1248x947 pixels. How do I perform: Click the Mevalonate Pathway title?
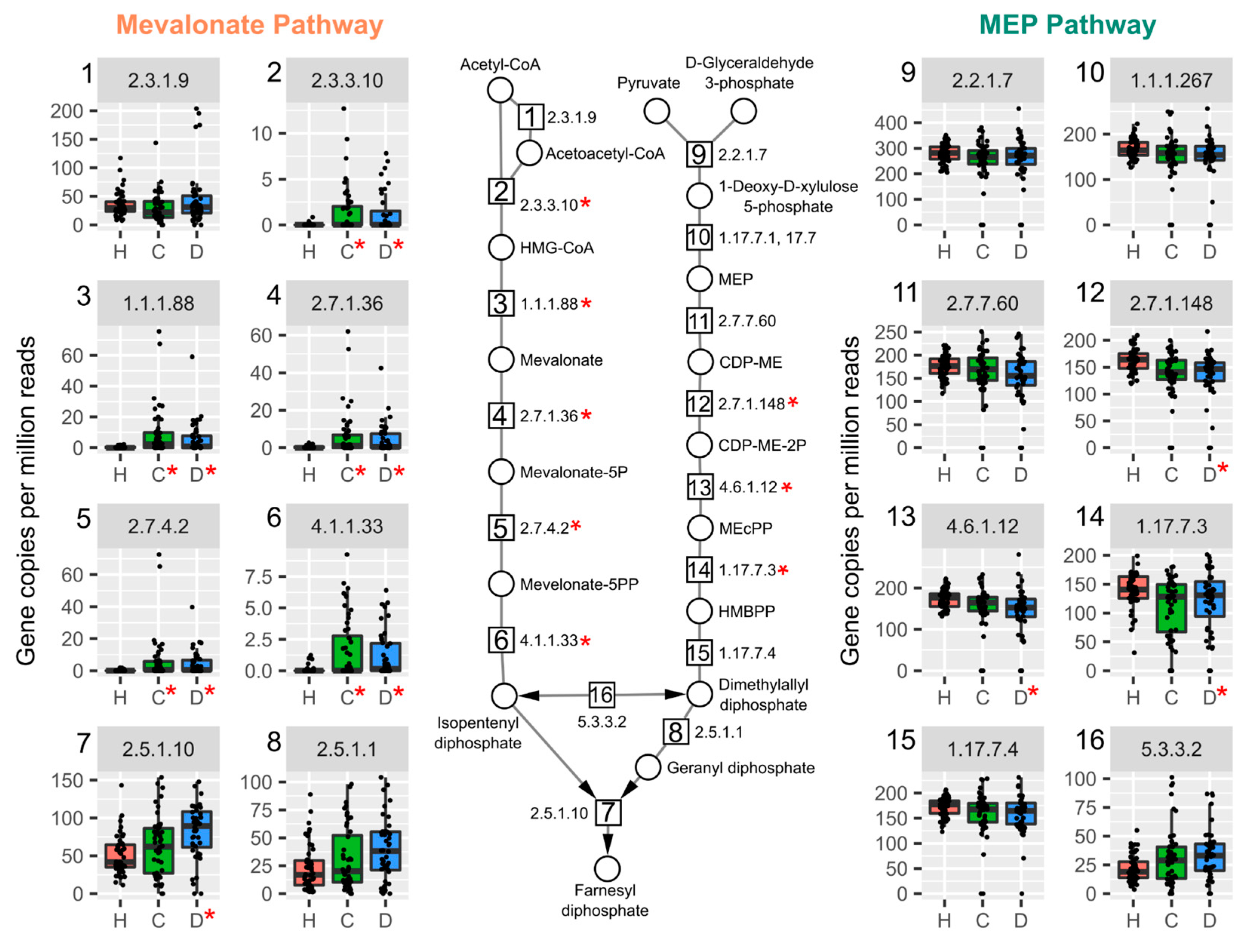(249, 25)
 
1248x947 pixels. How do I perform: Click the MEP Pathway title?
(1067, 25)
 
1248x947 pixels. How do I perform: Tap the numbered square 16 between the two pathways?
(601, 695)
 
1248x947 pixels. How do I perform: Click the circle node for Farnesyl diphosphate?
(607, 869)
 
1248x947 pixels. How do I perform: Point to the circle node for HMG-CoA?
(500, 248)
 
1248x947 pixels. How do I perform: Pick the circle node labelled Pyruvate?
(657, 111)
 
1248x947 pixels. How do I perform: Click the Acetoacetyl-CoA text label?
(605, 154)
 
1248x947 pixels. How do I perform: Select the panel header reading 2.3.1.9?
(158, 80)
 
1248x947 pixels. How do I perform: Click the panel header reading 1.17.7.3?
(1171, 526)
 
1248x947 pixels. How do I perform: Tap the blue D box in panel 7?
(196, 829)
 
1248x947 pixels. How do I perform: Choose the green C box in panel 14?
(1171, 608)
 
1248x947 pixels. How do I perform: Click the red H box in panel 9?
(944, 153)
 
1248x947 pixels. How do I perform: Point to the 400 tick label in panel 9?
(890, 123)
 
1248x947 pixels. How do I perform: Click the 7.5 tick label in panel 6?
(258, 577)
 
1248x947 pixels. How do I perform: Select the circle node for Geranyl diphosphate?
(648, 767)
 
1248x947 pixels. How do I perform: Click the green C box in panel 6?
(347, 653)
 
